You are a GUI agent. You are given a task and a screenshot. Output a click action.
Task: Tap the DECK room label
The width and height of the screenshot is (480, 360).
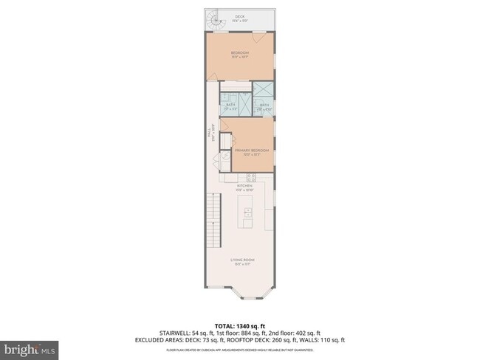[240, 16]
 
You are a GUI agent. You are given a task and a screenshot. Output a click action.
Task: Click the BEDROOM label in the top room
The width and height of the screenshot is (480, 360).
[240, 53]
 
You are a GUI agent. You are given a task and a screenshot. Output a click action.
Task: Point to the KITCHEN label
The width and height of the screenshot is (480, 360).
[244, 186]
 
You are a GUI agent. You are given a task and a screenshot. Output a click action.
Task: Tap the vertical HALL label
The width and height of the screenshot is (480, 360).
[209, 133]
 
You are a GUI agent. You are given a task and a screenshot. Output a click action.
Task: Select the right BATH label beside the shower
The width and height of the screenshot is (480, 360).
[264, 105]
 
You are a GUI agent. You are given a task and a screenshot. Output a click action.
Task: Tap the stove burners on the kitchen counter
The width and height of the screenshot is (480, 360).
[250, 177]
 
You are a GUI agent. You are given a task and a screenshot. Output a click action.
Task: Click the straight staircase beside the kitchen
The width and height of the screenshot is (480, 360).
[213, 214]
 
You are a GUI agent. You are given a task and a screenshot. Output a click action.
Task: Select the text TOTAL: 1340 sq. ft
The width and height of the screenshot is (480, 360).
[240, 325]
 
